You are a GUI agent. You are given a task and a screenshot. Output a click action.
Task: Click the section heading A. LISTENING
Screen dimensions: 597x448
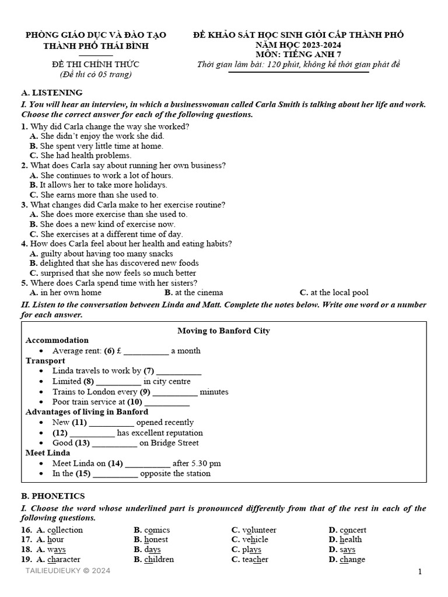[x=51, y=93]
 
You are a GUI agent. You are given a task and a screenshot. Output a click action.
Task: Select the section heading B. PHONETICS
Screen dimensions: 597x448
[x=53, y=496]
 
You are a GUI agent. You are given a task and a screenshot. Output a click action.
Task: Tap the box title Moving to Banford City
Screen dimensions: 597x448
[x=223, y=331]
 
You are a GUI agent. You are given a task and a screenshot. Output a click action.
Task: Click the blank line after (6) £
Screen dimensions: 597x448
[x=146, y=351]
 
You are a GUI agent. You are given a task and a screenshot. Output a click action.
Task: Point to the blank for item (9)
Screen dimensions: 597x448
[x=175, y=392]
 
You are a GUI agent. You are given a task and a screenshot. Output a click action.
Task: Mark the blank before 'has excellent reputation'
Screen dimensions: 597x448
[x=92, y=433]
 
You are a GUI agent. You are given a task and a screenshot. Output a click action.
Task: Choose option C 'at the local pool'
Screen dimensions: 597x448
[x=338, y=293]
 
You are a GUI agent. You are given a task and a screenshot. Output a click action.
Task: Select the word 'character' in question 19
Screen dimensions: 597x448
[x=64, y=560]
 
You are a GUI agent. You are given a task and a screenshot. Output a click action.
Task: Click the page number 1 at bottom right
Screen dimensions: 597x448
[x=419, y=572]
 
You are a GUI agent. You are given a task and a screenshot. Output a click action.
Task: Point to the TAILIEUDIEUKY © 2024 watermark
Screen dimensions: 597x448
[x=68, y=571]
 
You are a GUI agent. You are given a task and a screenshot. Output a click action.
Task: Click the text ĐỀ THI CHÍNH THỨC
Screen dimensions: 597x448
[x=96, y=64]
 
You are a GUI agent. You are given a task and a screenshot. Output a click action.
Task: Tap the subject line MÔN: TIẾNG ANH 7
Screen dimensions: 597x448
[x=298, y=54]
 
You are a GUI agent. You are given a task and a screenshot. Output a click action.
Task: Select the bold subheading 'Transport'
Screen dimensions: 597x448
[x=45, y=361]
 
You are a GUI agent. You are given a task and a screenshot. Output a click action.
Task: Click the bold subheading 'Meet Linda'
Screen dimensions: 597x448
[x=48, y=453]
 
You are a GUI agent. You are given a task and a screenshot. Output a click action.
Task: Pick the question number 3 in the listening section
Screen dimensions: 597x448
[x=24, y=205]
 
